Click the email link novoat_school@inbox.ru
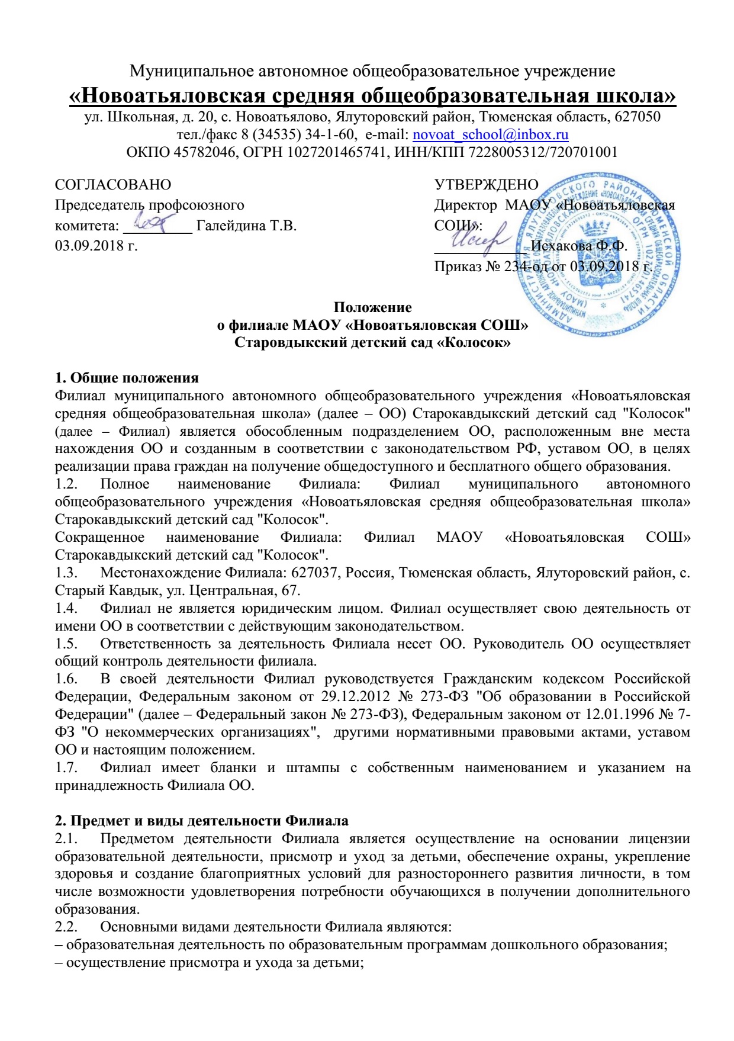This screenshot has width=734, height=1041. [x=490, y=134]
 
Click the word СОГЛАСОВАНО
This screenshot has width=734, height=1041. [x=112, y=185]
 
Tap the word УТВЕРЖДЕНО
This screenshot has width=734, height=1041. [x=486, y=185]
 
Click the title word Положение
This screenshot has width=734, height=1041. [x=372, y=307]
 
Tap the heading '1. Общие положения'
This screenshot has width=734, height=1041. [x=127, y=378]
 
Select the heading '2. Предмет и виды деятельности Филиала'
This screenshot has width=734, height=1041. [x=201, y=821]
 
